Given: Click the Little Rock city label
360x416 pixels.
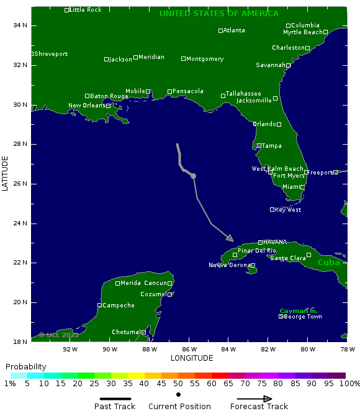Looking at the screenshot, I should (x=85, y=10).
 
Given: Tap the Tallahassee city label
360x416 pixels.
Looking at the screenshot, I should (x=243, y=93).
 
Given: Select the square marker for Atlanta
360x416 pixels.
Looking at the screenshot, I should (x=220, y=30).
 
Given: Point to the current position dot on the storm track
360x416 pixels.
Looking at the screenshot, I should (x=194, y=176).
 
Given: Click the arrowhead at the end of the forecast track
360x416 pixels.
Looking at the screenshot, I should (x=230, y=238).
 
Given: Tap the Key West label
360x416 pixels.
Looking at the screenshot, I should (x=288, y=210).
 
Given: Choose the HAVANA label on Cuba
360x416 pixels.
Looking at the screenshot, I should (x=274, y=242).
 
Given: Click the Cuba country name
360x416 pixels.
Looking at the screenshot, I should (x=329, y=262).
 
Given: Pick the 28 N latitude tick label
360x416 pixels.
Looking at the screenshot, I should (x=20, y=144).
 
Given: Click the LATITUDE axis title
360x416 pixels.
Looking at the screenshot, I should (x=5, y=173).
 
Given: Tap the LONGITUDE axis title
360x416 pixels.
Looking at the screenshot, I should (x=192, y=358).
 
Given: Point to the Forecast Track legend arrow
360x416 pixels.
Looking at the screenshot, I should (x=254, y=399).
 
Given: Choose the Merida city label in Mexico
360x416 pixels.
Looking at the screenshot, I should (x=130, y=283).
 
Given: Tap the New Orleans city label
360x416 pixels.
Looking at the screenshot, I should (x=87, y=106).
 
